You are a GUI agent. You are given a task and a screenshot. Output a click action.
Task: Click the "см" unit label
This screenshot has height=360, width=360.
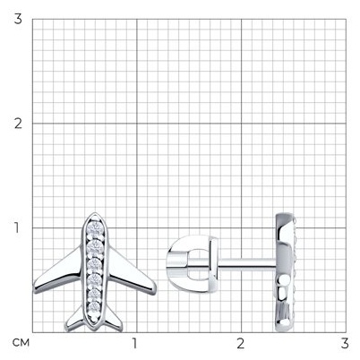coord(21,343)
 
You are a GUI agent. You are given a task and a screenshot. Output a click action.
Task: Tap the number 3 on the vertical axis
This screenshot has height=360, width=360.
coord(19,20)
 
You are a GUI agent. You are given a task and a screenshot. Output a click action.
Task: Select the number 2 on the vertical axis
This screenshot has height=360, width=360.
coord(19,124)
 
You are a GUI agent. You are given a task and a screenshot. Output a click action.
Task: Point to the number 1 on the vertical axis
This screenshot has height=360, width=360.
coord(18,227)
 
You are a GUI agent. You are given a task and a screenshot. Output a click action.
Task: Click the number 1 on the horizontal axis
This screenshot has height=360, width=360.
coord(135,343)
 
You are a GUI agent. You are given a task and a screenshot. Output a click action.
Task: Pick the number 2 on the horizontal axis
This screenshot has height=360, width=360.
coord(241,343)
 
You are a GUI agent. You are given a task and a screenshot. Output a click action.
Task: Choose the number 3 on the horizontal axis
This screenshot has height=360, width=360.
coord(345,343)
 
